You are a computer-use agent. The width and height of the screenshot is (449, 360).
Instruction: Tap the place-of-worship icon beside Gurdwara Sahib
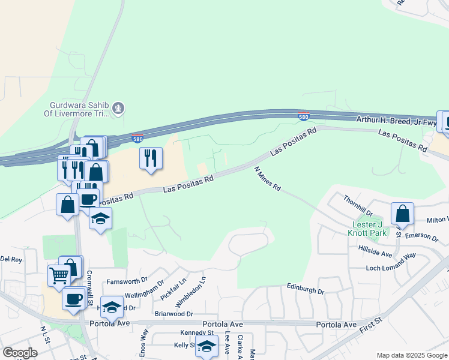tap(119, 109)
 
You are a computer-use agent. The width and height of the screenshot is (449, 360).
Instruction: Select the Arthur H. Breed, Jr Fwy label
tap(397, 121)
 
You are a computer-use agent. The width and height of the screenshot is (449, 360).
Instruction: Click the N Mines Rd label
tap(268, 179)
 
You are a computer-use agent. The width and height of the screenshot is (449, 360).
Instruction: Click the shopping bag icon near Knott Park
tap(402, 214)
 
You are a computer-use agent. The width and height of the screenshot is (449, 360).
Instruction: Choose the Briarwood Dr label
tap(173, 313)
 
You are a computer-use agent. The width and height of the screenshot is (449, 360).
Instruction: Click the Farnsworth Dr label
tap(127, 280)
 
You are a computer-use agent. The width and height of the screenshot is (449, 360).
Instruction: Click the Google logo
tap(20, 353)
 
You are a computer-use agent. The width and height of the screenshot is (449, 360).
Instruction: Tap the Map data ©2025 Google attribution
tap(412, 355)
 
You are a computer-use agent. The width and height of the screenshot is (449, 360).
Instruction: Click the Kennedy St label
tap(197, 332)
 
